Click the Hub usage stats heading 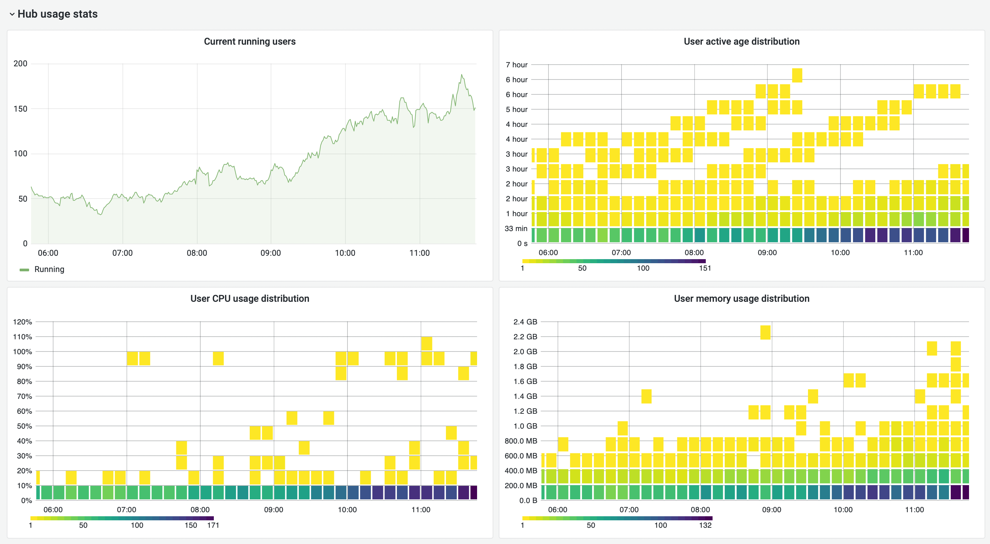(x=57, y=14)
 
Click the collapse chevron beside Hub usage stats (x=12, y=14)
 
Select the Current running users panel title (x=249, y=42)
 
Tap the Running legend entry (x=49, y=269)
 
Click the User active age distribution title (x=741, y=42)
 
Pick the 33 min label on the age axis (x=516, y=229)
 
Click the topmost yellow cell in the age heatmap (x=797, y=75)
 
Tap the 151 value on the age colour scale (x=705, y=268)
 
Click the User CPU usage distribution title (x=249, y=298)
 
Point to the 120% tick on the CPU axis (x=22, y=322)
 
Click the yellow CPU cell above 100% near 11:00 (x=427, y=343)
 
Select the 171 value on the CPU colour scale (x=213, y=525)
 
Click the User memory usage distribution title (x=741, y=298)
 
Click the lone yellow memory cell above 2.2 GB (x=765, y=332)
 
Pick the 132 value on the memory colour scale (x=705, y=525)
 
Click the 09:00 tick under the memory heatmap (x=771, y=510)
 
